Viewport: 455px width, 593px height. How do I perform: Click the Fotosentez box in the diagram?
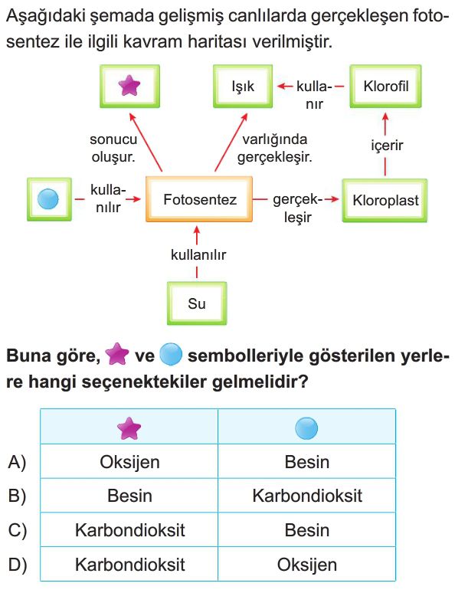[x=199, y=199]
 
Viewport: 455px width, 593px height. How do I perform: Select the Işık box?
[x=243, y=87]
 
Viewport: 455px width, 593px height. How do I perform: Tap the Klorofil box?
[x=385, y=87]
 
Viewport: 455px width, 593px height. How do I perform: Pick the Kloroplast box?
[x=385, y=200]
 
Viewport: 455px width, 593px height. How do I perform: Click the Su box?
[x=197, y=303]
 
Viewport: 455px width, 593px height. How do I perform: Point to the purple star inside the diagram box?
[x=129, y=86]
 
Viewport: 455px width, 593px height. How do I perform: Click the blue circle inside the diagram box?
[x=48, y=199]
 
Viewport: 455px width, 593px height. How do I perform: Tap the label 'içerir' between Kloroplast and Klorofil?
[x=387, y=145]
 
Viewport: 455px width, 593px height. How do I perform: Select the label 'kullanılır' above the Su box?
[x=198, y=255]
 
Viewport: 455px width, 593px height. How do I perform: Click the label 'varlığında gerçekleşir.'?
[x=274, y=148]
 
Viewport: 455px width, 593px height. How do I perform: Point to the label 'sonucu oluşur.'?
[x=113, y=148]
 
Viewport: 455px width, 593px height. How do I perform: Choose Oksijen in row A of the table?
[x=129, y=462]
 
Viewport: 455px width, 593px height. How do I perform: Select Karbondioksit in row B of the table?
[x=307, y=496]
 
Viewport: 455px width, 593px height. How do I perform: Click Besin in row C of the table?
[x=306, y=530]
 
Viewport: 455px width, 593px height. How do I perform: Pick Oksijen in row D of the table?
[x=306, y=565]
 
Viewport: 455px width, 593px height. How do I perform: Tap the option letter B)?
[x=18, y=496]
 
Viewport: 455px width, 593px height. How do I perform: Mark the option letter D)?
[x=18, y=565]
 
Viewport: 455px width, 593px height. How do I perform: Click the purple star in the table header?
[x=129, y=428]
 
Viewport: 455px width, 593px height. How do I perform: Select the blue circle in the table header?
[x=306, y=428]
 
